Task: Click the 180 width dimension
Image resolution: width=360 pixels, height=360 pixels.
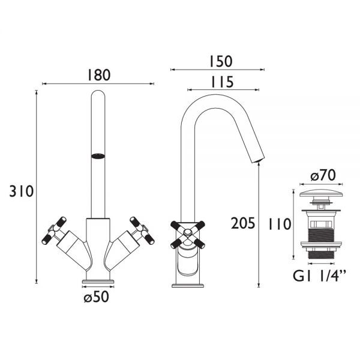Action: coord(99,75)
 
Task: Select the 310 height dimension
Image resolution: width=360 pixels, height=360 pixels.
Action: coord(22,191)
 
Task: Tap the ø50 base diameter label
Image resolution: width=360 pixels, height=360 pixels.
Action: coord(96,297)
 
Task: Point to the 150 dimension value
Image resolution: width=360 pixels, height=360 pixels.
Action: coord(221,61)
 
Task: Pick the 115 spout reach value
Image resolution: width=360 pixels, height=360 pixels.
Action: coord(222,82)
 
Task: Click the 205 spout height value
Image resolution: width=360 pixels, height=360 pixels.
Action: coord(243,223)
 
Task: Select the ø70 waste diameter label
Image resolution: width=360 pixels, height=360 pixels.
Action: coord(323,175)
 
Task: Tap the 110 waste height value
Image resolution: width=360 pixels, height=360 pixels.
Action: coord(280,224)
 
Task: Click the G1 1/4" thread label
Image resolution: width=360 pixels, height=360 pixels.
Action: coord(319,276)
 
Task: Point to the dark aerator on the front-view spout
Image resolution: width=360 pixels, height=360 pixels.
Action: coord(98,156)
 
